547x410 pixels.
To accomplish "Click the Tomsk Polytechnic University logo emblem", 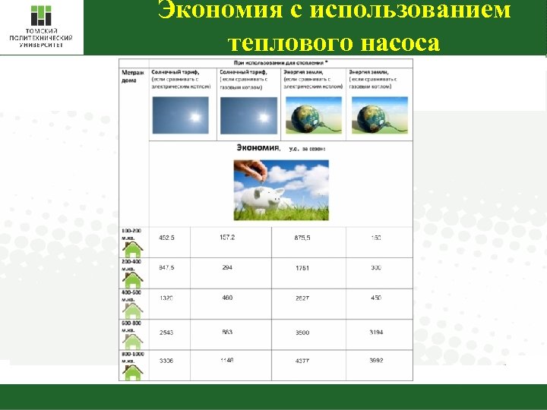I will [41, 17].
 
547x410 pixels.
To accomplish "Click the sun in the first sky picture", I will [194, 117].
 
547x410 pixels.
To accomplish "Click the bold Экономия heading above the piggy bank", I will [258, 148].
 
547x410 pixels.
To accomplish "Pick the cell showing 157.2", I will [227, 237].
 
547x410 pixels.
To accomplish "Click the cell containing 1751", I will [302, 268].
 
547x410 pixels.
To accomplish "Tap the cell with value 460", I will [227, 298].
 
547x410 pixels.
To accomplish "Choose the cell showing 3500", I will [302, 333].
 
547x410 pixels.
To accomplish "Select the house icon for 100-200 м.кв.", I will [133, 248].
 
